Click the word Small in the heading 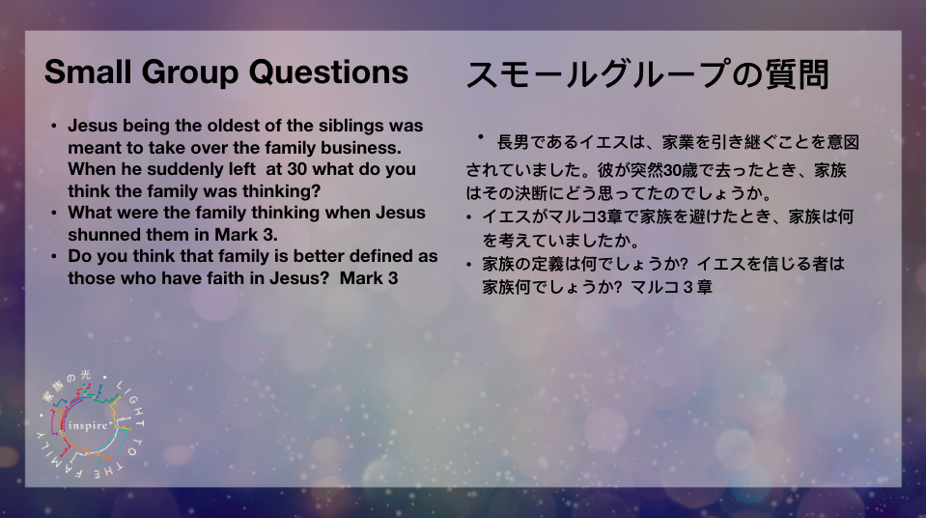click(x=88, y=72)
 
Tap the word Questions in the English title click(x=328, y=72)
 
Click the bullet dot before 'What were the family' click(x=54, y=213)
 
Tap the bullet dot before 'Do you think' click(x=54, y=257)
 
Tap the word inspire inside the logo click(x=88, y=426)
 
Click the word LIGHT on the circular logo click(x=132, y=402)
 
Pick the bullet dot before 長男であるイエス click(x=481, y=137)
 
